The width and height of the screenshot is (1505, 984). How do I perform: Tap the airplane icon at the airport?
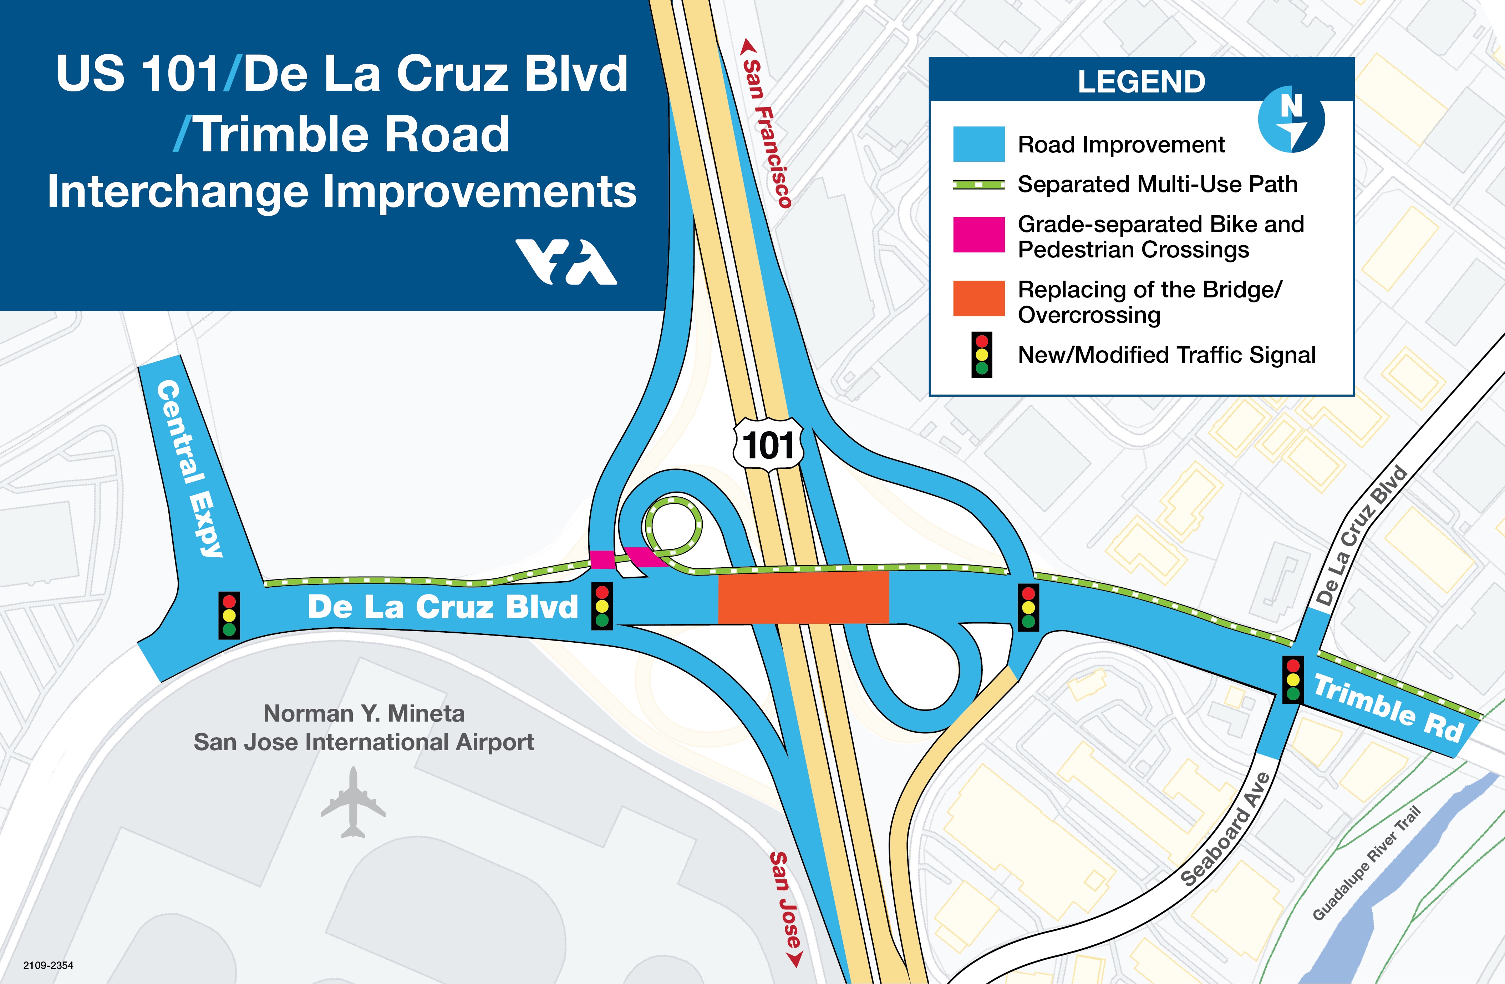pyautogui.click(x=353, y=802)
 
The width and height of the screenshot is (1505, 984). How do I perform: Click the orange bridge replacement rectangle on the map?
pyautogui.click(x=803, y=597)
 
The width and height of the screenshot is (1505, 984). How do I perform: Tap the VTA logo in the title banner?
pyautogui.click(x=566, y=261)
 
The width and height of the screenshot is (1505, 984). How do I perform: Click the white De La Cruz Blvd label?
pyautogui.click(x=443, y=607)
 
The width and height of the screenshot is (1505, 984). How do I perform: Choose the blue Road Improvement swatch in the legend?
pyautogui.click(x=978, y=144)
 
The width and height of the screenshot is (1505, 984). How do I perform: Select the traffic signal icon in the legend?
pyautogui.click(x=981, y=355)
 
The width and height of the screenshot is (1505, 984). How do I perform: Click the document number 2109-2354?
pyautogui.click(x=48, y=965)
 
